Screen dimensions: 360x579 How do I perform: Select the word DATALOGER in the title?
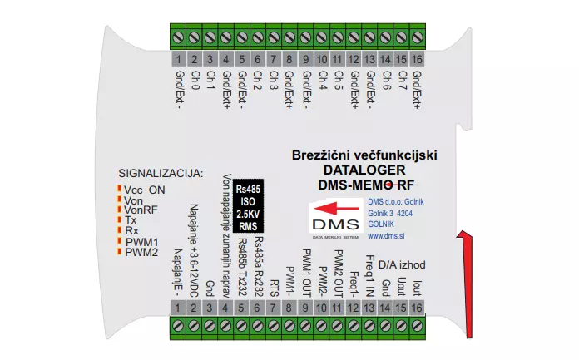[x=364, y=170]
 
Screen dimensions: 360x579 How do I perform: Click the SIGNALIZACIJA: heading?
[x=161, y=173]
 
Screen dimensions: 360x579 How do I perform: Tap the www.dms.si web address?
[x=386, y=236]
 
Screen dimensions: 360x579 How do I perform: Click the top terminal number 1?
[x=178, y=60]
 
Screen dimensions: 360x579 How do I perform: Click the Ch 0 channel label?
[x=194, y=81]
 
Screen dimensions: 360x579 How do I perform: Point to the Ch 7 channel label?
[x=401, y=81]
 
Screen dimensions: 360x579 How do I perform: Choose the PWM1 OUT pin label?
[x=306, y=268]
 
